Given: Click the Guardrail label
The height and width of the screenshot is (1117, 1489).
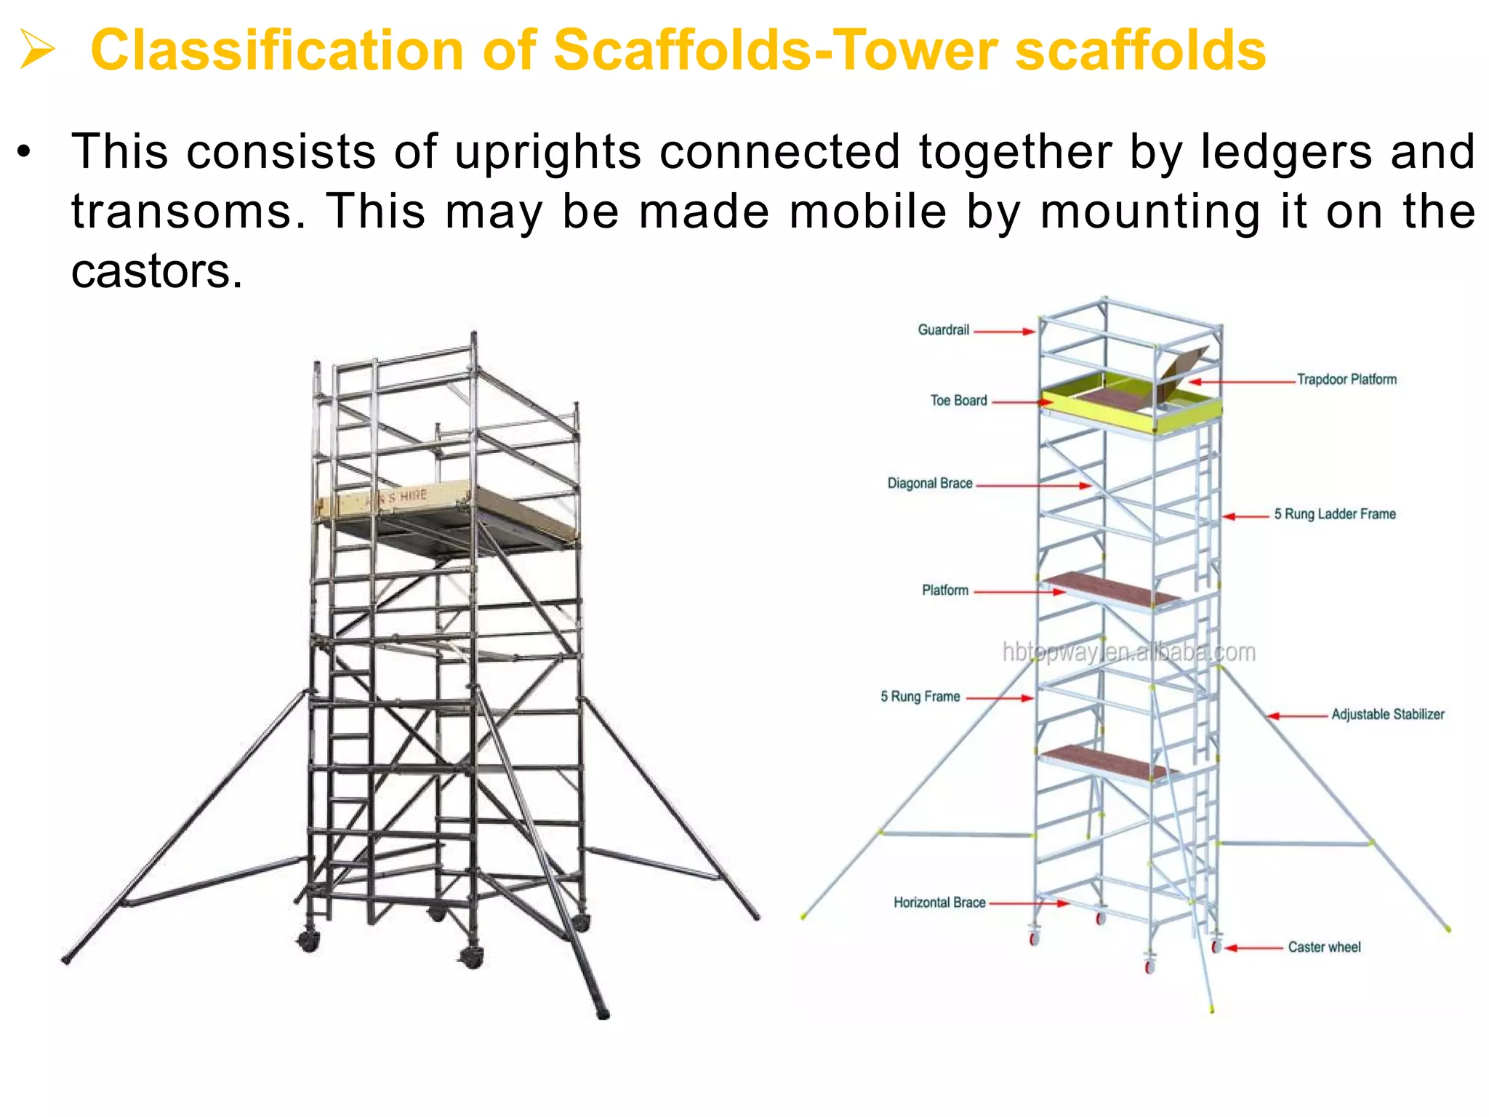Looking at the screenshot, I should (x=943, y=330).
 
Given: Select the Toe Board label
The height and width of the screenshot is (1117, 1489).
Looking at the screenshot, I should (x=958, y=401).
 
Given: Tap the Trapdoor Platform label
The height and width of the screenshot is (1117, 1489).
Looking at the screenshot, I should (x=1346, y=380).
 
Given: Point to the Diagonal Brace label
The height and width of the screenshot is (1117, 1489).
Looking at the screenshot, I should (x=929, y=484).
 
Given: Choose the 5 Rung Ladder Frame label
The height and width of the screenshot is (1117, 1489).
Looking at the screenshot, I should (x=1334, y=514).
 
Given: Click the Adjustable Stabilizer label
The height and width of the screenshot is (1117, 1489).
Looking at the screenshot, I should (x=1387, y=714).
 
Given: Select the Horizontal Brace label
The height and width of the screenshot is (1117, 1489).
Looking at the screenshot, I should (x=939, y=902).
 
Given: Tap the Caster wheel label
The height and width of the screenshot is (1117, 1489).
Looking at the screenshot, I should (x=1324, y=947).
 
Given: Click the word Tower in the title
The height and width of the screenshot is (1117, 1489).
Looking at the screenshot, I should (x=917, y=50).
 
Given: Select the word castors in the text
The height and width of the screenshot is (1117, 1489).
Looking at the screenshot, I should (x=156, y=271).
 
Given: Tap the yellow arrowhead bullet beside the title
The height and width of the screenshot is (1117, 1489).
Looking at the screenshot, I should (x=36, y=50).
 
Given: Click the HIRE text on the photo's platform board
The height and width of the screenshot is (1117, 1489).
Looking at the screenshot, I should (x=412, y=496).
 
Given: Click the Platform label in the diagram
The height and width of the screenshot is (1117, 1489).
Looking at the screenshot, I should (x=944, y=590).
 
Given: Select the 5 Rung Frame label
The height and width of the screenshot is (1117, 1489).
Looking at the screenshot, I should (x=920, y=697).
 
